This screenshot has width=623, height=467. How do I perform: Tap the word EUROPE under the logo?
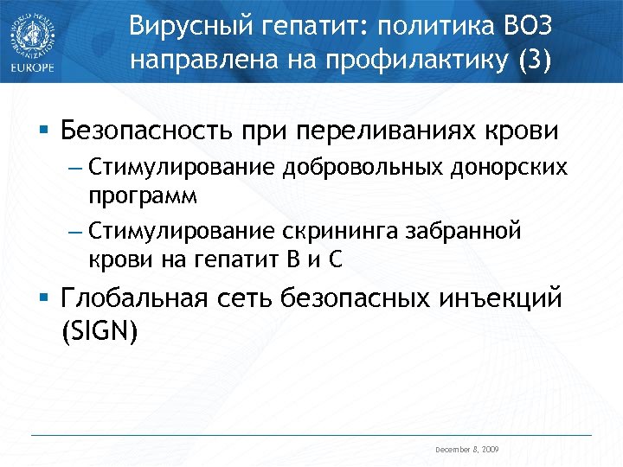pyautogui.click(x=33, y=67)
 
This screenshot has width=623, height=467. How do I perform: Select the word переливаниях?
pyautogui.click(x=400, y=132)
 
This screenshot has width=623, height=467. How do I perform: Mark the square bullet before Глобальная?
pyautogui.click(x=44, y=299)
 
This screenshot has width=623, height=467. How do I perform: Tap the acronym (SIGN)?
pyautogui.click(x=100, y=330)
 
